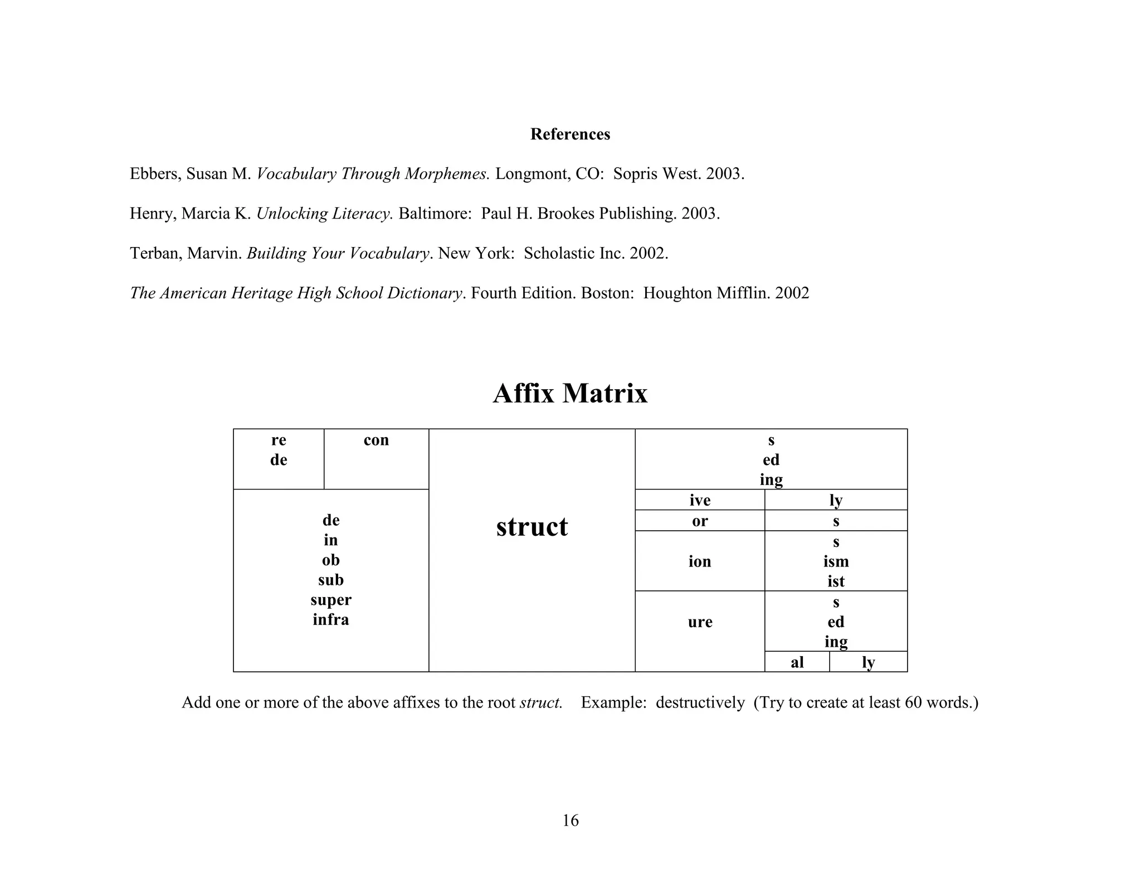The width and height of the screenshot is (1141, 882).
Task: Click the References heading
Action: pos(570,134)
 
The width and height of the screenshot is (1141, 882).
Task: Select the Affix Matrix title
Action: pos(570,394)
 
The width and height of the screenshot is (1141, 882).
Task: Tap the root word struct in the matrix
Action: pos(532,527)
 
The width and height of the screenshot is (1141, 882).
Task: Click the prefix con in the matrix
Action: pos(376,440)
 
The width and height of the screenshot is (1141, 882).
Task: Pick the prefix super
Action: pos(331,600)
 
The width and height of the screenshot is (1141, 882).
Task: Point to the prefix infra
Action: pos(331,620)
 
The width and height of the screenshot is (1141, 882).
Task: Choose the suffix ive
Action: pos(700,501)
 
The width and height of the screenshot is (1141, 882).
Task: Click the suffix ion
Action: pos(700,561)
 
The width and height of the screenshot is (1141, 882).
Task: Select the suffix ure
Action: pos(700,622)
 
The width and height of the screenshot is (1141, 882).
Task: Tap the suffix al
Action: pos(797,662)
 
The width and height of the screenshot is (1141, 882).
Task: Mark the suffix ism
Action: pos(836,561)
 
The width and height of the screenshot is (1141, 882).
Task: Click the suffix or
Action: pos(700,521)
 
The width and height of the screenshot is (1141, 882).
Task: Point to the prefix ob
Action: pos(331,560)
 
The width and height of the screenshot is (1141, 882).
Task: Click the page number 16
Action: pos(570,821)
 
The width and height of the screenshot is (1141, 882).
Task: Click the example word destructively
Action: pos(700,702)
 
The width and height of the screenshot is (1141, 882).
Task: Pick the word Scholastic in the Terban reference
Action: pos(559,254)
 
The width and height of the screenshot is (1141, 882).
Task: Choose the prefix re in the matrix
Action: pos(279,440)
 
